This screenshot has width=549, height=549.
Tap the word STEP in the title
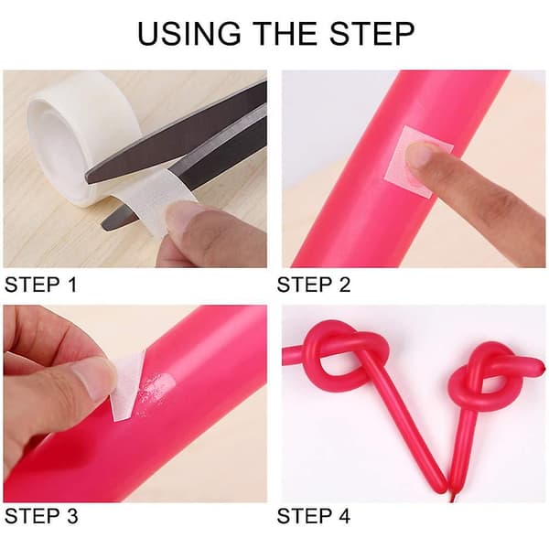(371, 34)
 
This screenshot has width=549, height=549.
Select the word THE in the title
(285, 34)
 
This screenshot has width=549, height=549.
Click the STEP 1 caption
(40, 284)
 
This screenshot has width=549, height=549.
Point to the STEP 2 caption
(313, 284)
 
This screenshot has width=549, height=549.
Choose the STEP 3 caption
(41, 516)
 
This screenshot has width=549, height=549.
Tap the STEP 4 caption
(313, 516)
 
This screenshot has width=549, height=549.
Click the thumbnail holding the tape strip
(185, 217)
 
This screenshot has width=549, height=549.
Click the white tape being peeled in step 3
(128, 385)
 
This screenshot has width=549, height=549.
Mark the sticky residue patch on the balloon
(155, 393)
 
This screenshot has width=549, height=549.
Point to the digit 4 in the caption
(343, 516)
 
